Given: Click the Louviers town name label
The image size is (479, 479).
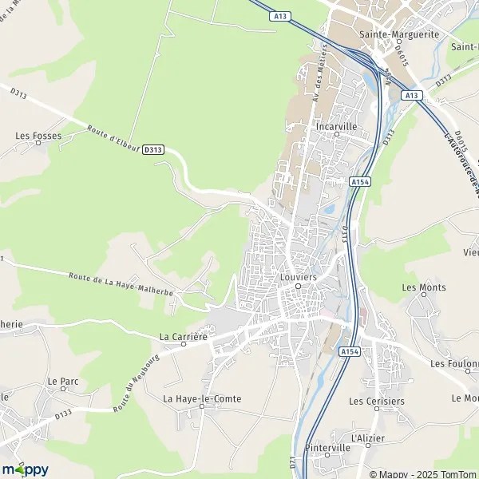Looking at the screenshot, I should click(299, 276).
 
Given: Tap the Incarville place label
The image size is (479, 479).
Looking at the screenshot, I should click(336, 126).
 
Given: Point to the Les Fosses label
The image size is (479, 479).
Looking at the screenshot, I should click(38, 136).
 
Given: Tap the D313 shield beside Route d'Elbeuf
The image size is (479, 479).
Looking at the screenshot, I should click(155, 149).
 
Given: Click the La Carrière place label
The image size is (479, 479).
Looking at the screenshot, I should click(184, 336).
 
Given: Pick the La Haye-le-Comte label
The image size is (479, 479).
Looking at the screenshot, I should click(202, 398).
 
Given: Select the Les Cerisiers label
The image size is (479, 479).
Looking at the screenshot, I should click(377, 401).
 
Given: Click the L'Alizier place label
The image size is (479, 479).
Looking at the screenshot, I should click(368, 438).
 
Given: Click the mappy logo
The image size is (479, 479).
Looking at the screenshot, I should click(25, 469).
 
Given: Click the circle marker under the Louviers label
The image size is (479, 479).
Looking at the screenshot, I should click(298, 286).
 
